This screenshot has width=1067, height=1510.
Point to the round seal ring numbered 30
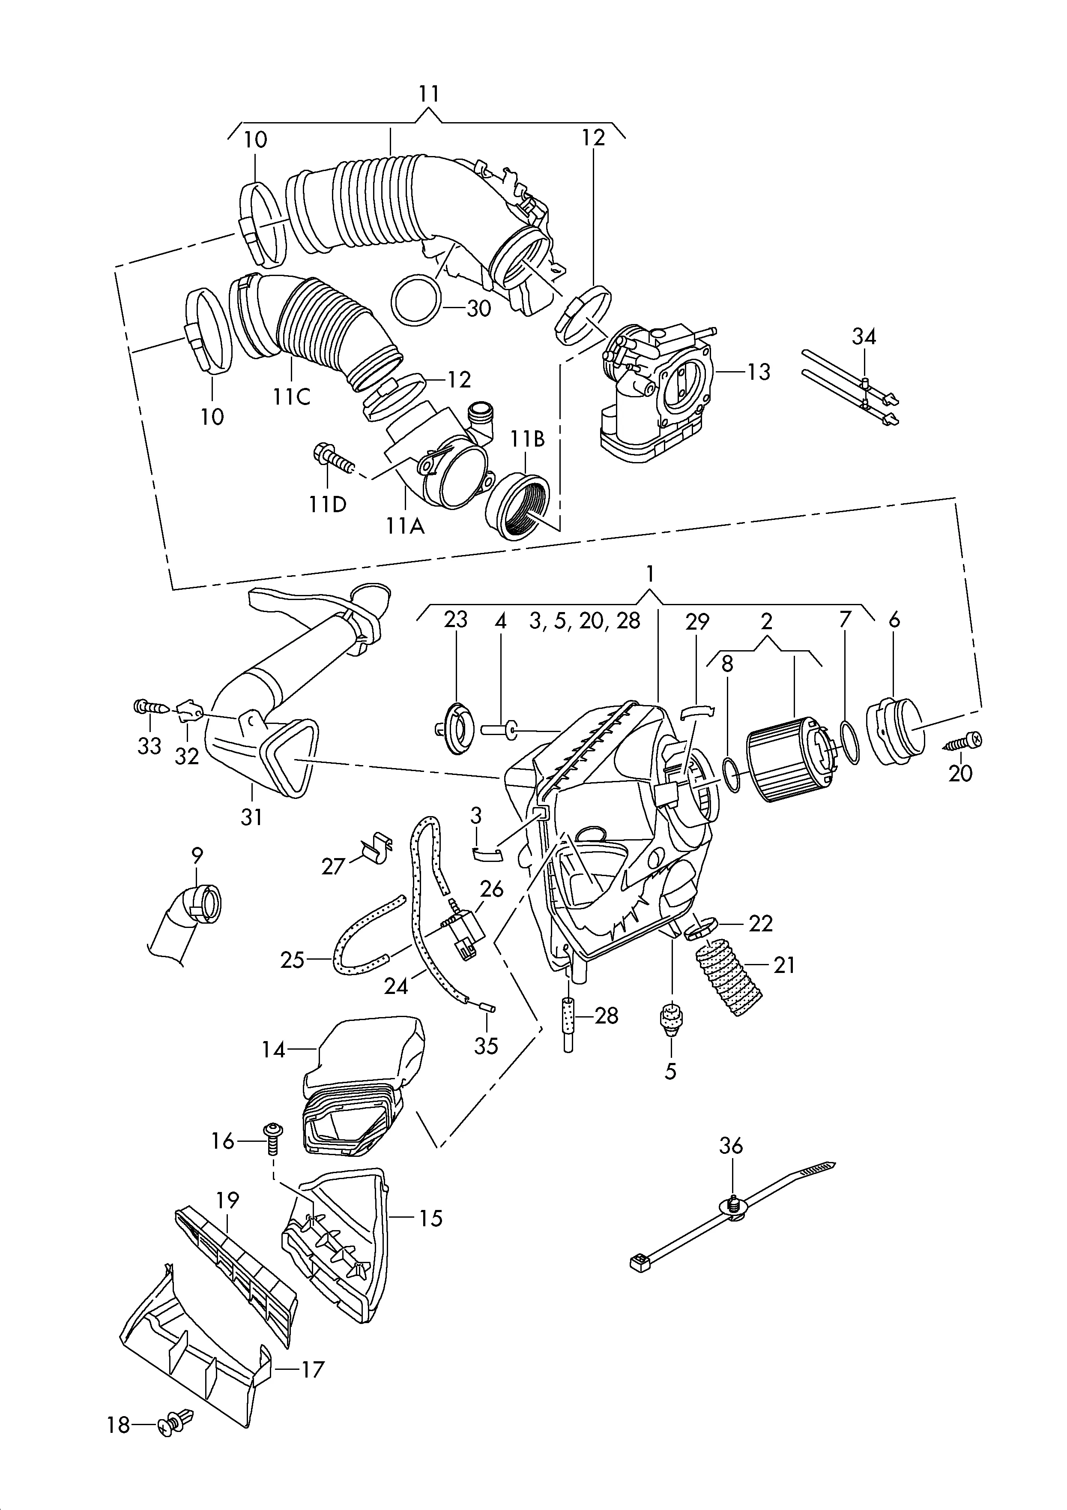tap(416, 300)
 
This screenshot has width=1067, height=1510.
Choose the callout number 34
tap(864, 337)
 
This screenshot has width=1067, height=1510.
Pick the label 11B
tap(529, 439)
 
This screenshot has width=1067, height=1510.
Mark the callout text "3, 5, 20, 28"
tap(584, 621)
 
